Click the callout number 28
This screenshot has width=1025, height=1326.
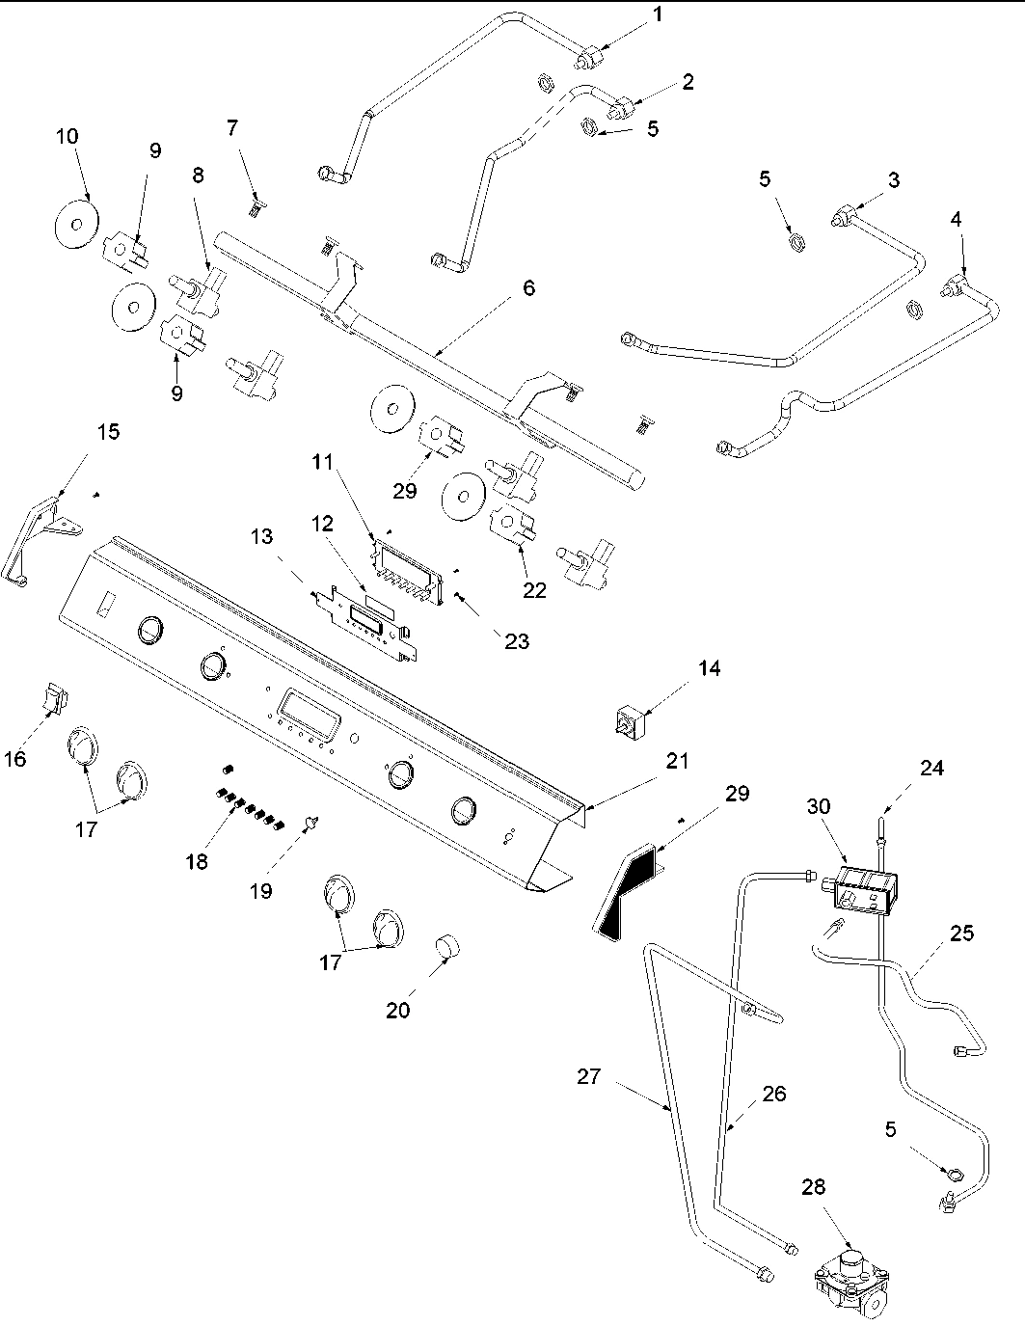point(814,1186)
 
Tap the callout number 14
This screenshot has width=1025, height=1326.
point(709,668)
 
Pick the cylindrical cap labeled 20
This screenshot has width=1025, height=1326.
point(445,947)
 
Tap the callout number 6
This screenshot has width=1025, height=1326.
point(528,287)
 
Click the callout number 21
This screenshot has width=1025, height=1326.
point(678,761)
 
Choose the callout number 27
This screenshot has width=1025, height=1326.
point(589,1076)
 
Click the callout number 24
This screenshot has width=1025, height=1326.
point(931,768)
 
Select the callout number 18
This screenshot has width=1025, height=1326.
point(197,861)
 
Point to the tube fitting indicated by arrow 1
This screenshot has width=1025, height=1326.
point(584,61)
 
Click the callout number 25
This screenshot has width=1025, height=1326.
point(960,934)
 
